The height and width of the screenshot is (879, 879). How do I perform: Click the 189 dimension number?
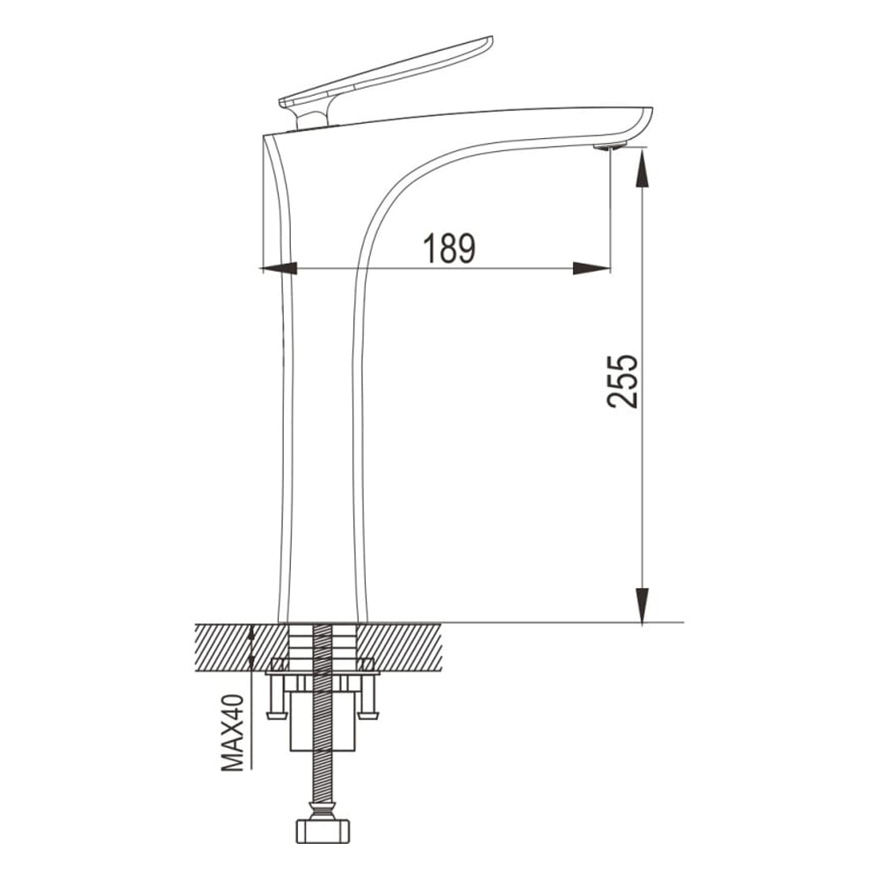(x=448, y=249)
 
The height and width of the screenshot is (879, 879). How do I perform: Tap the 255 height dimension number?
(x=622, y=381)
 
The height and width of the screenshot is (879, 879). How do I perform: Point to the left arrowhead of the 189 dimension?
(x=280, y=268)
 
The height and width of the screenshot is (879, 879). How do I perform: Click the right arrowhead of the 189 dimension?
(x=592, y=268)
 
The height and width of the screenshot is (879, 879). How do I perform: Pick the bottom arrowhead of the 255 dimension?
(x=643, y=605)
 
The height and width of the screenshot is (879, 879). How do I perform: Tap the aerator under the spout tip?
(x=610, y=147)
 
